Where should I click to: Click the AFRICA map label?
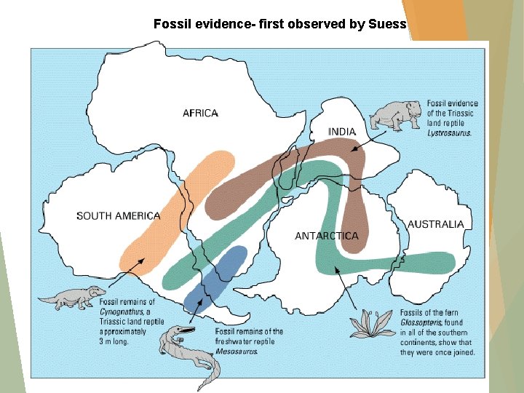point(200,113)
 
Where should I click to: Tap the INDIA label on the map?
point(342,132)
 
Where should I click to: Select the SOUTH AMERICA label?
point(118,215)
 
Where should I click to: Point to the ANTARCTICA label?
point(326,236)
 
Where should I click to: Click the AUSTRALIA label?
point(435,224)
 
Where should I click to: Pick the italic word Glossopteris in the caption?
point(421,322)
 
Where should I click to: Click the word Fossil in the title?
point(170,24)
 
